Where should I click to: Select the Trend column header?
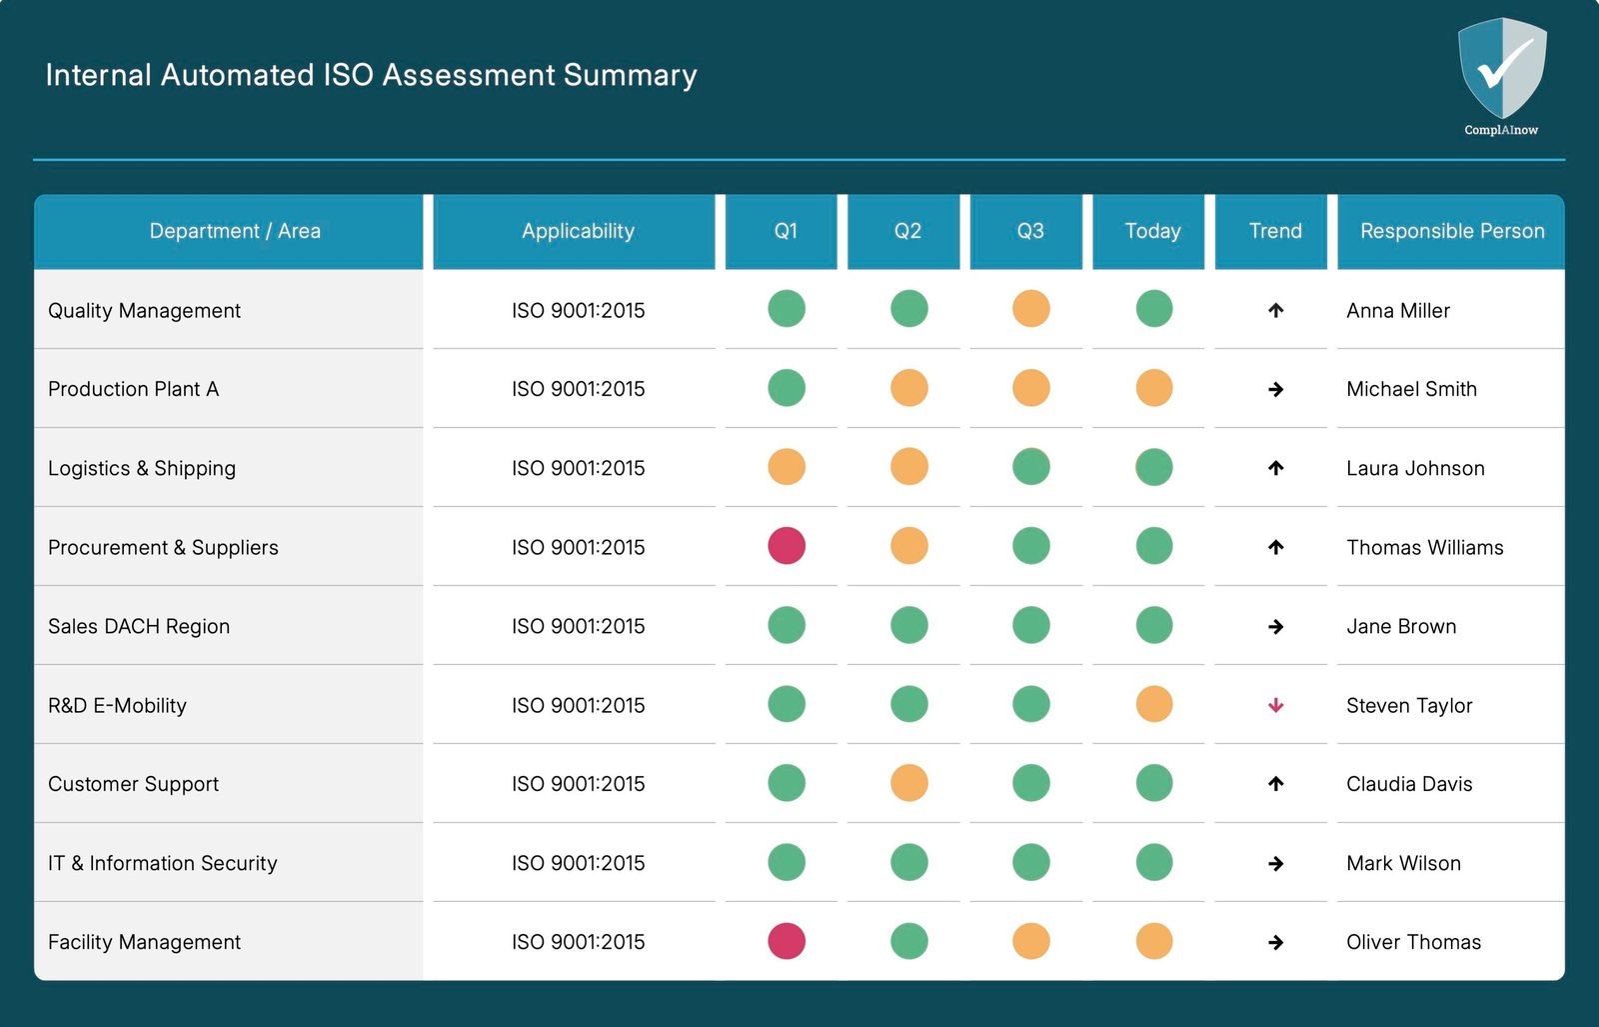click(1274, 231)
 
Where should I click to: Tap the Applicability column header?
click(578, 231)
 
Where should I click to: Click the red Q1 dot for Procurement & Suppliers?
click(787, 546)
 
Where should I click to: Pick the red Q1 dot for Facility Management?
click(787, 941)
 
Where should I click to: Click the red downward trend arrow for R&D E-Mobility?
click(1275, 705)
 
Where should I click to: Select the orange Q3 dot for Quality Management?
click(1030, 309)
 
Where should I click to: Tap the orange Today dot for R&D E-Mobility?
click(1153, 704)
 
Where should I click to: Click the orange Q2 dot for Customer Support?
click(908, 783)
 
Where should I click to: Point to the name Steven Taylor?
click(1408, 705)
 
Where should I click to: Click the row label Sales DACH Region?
click(139, 626)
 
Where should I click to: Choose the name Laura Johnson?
click(1414, 468)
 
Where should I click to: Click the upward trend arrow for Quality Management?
click(1275, 310)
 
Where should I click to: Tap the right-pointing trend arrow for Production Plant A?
click(1275, 389)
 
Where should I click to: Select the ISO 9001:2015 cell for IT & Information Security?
click(578, 863)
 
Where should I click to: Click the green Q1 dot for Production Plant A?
click(787, 388)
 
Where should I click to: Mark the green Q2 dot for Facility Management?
click(908, 941)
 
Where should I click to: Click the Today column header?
click(1152, 231)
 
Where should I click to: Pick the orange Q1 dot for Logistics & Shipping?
click(787, 467)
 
